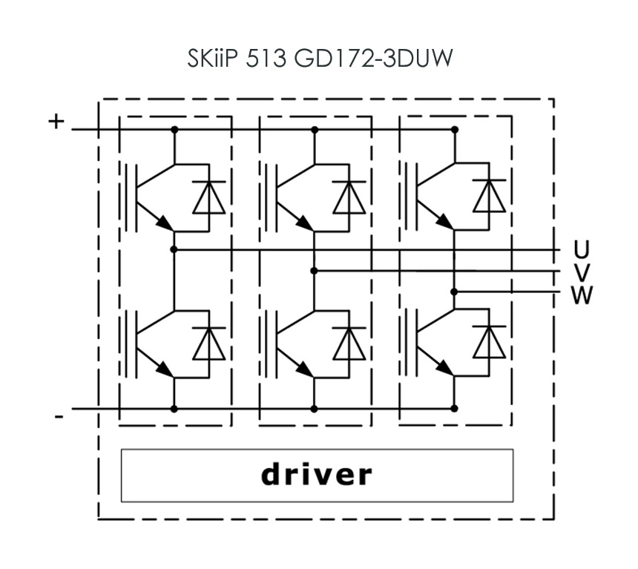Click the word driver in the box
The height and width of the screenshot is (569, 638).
[x=317, y=474]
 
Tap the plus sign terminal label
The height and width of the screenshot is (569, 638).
[x=56, y=121]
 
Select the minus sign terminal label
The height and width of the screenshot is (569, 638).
[x=59, y=417]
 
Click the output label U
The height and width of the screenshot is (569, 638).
[x=581, y=249]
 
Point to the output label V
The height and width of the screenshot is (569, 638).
[x=582, y=272]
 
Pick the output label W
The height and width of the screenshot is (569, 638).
[x=582, y=295]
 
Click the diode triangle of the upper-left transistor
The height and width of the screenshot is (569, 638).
[x=208, y=197]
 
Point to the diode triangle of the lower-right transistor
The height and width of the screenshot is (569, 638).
[x=490, y=343]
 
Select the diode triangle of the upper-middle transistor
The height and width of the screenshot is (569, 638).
[x=349, y=197]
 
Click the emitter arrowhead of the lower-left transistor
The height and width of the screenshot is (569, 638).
[x=165, y=369]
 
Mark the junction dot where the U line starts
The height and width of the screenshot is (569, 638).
[x=174, y=249]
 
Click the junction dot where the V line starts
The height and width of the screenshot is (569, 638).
[x=314, y=270]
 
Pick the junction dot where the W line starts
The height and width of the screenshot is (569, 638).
[x=455, y=292]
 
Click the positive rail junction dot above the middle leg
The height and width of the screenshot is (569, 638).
[x=315, y=130]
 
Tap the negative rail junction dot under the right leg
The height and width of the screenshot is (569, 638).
[x=455, y=408]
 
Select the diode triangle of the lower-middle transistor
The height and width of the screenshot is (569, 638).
[x=349, y=344]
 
